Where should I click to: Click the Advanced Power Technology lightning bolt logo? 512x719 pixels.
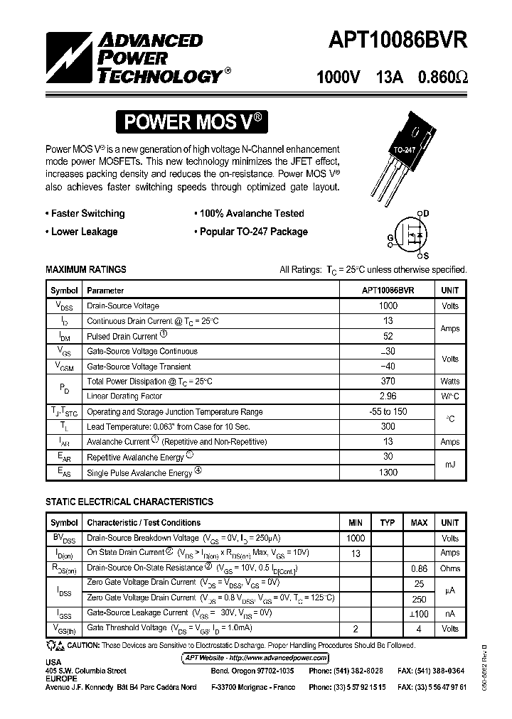click(x=69, y=58)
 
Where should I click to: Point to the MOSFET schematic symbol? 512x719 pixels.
click(x=412, y=234)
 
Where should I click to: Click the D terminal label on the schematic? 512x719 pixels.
click(x=426, y=212)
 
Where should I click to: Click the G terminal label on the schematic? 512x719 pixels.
click(x=390, y=237)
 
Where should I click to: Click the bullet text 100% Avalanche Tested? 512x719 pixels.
click(x=250, y=213)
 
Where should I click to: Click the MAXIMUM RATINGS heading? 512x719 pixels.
click(x=86, y=269)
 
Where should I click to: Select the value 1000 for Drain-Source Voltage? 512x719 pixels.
click(x=388, y=306)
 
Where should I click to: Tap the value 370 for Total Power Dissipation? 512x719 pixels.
click(x=388, y=382)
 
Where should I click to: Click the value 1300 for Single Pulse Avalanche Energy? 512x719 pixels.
click(x=388, y=472)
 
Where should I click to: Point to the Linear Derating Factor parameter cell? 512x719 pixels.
click(x=124, y=396)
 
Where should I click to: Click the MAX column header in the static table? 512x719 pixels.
click(x=419, y=523)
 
